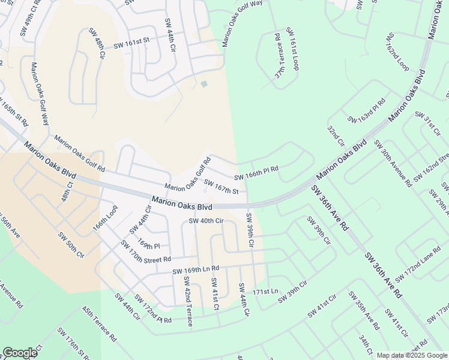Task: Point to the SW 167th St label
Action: (222, 187)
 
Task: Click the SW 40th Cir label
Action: (206, 221)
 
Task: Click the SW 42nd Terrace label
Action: (188, 301)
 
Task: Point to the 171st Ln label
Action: (266, 292)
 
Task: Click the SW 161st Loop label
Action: (292, 48)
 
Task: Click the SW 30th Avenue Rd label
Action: (393, 162)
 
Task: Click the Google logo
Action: (20, 353)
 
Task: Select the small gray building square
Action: (204, 84)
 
